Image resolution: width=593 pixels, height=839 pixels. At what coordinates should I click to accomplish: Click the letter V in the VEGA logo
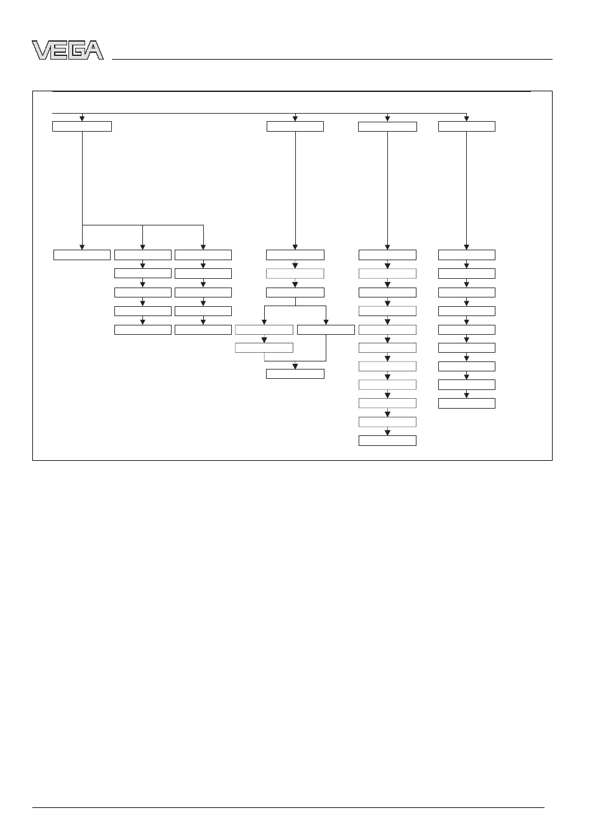(x=41, y=50)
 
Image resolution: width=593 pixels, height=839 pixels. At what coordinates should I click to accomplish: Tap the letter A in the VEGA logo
(x=94, y=50)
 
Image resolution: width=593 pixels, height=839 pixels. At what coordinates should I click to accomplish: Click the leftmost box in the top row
(x=82, y=126)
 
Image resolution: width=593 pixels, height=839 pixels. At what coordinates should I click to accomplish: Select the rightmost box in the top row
(x=467, y=126)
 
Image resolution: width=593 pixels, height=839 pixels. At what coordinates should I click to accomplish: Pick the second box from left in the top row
(x=295, y=126)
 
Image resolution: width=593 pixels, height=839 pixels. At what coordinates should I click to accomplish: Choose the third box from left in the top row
(x=387, y=127)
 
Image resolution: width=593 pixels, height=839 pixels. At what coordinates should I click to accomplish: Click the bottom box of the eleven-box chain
(x=387, y=440)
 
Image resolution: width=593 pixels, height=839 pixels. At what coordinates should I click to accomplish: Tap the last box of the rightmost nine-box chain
(x=467, y=404)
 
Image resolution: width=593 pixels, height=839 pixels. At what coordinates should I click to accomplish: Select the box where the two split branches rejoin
(x=295, y=374)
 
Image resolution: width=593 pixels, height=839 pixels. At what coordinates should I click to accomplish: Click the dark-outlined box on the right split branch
(x=326, y=330)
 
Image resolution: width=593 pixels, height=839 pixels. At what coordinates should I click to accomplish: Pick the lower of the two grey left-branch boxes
(x=264, y=348)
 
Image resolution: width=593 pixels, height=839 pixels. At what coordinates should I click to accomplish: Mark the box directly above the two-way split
(x=295, y=292)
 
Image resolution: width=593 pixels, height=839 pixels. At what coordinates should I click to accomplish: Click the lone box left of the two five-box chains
(x=82, y=255)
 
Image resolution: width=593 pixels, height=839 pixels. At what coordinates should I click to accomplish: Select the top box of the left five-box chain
(x=143, y=255)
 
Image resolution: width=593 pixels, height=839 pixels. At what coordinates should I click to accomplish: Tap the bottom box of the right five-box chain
(x=203, y=330)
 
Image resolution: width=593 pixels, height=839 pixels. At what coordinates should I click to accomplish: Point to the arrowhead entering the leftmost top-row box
(x=82, y=119)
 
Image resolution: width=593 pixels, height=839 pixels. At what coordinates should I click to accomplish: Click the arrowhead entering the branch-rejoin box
(x=295, y=366)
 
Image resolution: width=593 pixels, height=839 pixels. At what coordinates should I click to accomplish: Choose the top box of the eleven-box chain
(x=387, y=255)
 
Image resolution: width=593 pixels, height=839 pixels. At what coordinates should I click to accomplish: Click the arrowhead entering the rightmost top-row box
(x=467, y=119)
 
